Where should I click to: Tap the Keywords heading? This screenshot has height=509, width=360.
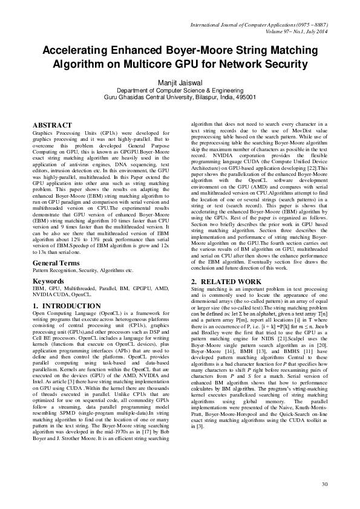click(50, 282)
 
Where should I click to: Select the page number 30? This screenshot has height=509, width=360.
click(324, 484)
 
